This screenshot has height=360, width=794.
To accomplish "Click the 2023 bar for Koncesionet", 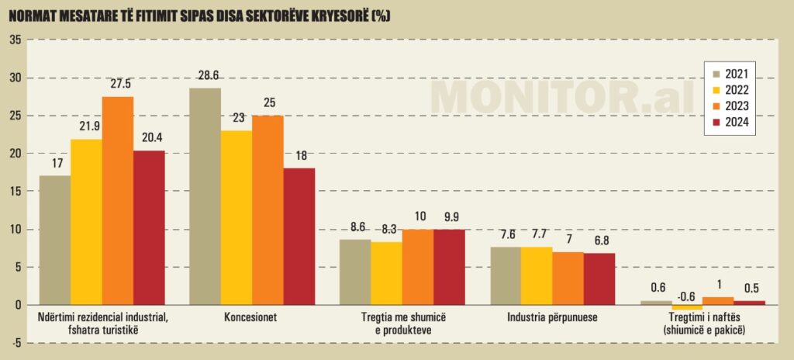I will click(268, 209).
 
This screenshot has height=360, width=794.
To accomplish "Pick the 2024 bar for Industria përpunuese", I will click(599, 279).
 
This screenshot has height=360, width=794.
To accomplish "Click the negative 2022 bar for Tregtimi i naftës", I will click(687, 307).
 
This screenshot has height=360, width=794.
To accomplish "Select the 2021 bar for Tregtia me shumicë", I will click(355, 272).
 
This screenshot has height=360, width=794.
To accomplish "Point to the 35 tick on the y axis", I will click(15, 40).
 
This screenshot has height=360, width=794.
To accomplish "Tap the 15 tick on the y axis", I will click(15, 191).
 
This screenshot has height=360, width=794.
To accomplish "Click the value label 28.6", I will click(205, 76).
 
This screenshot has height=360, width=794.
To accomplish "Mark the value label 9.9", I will click(449, 216).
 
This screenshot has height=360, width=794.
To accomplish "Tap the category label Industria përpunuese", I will click(552, 318).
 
